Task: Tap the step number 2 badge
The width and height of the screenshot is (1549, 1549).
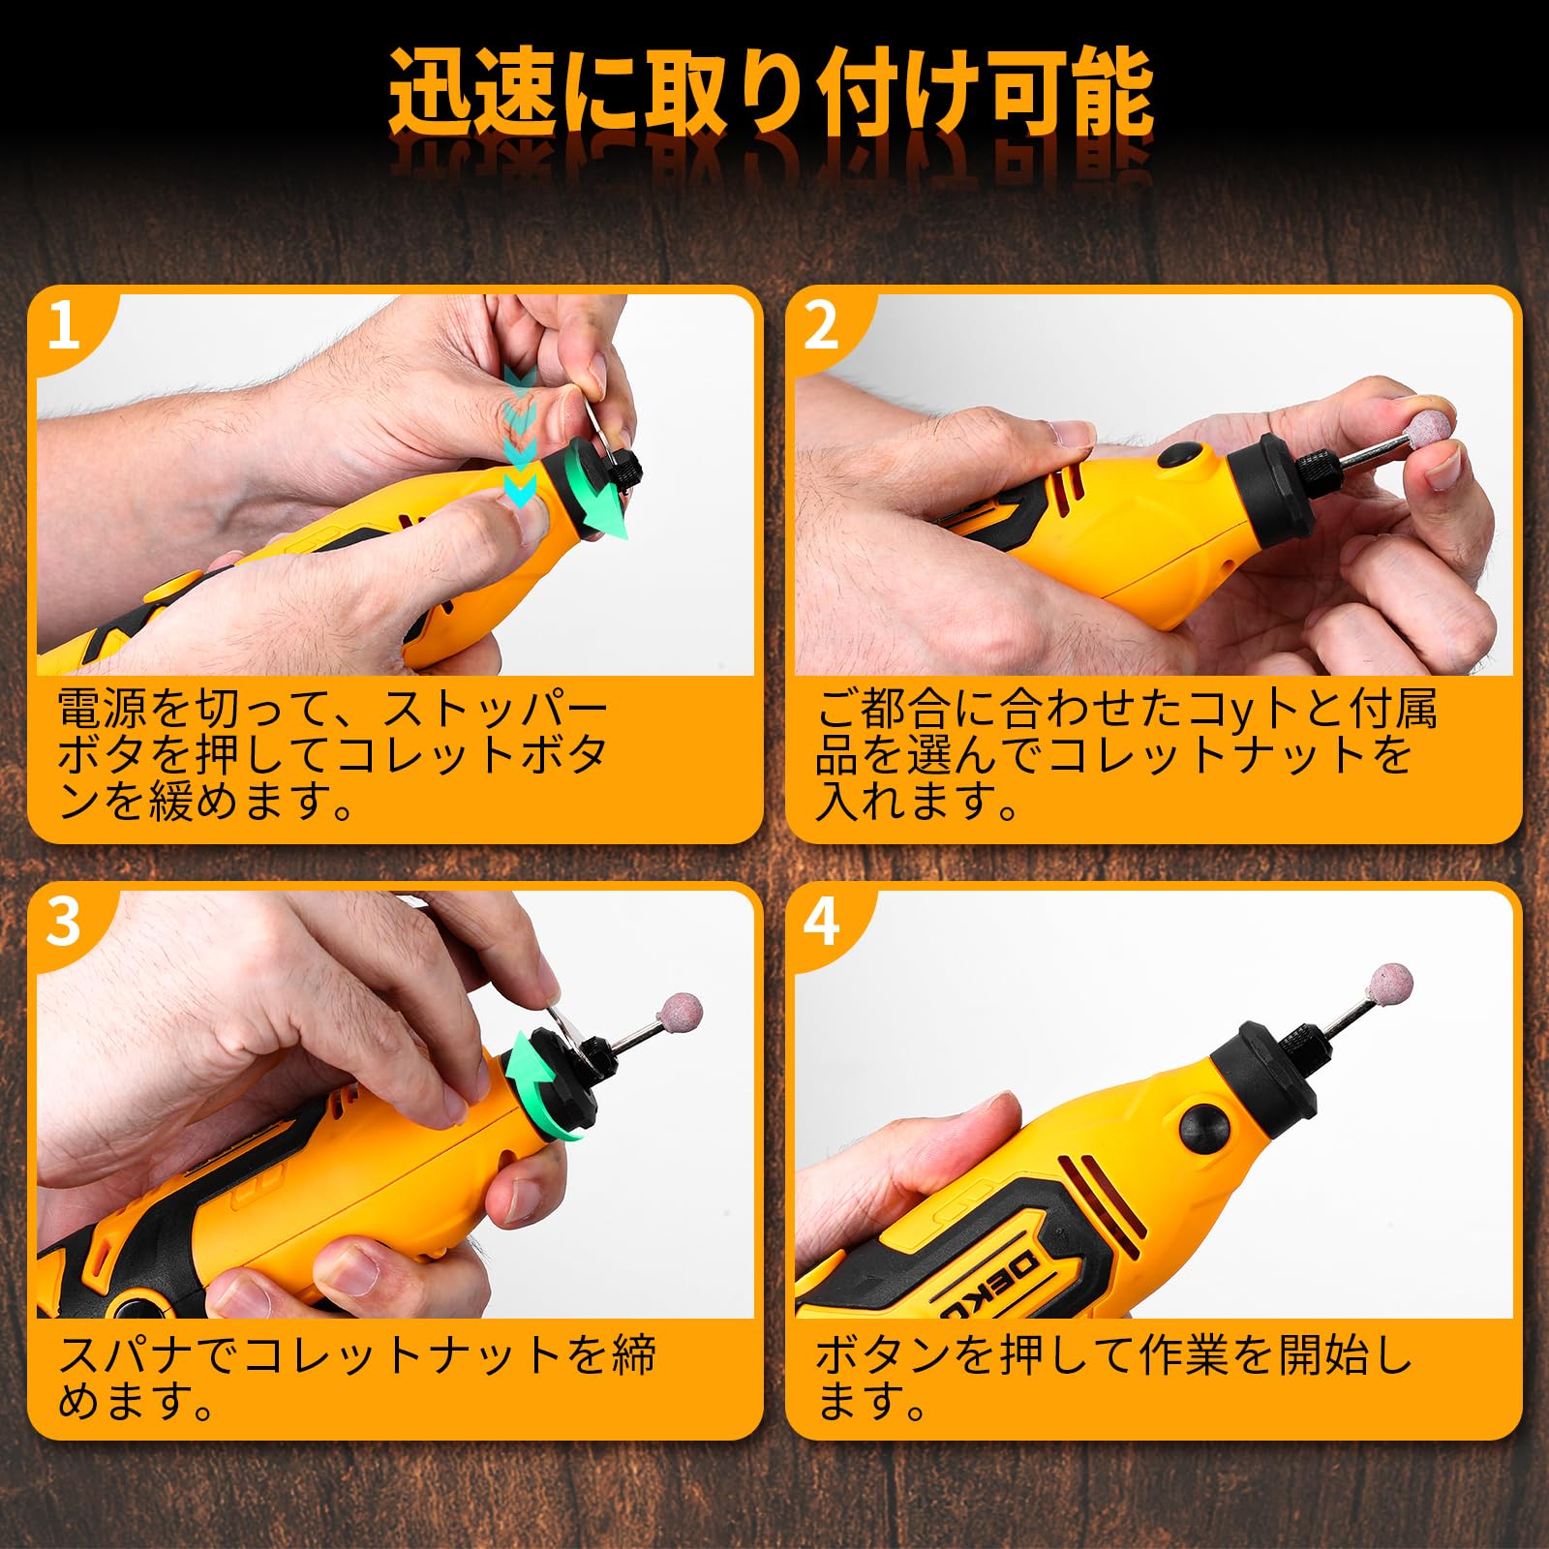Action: [x=821, y=326]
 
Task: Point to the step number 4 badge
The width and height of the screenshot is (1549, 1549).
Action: [x=821, y=922]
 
